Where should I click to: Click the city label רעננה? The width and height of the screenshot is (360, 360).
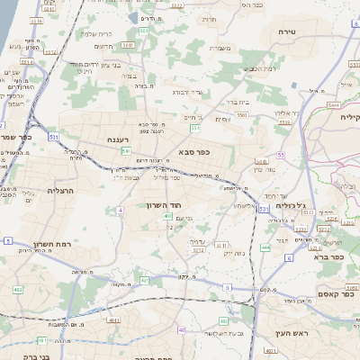pos(121,139)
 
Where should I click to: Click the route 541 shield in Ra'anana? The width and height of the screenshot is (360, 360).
pos(126,150)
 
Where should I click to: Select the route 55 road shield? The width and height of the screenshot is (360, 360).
pos(281,155)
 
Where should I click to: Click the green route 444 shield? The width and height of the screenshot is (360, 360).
pos(265,246)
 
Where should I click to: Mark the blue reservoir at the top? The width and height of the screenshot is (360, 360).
pos(148,18)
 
